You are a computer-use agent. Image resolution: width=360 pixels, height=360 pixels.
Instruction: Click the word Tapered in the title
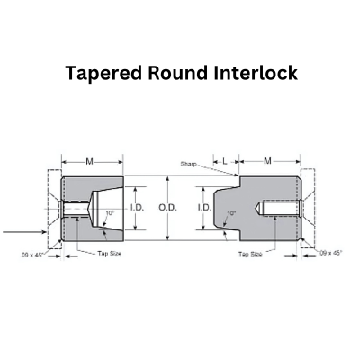[103, 73]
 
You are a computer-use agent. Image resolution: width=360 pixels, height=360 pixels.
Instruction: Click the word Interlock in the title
[256, 73]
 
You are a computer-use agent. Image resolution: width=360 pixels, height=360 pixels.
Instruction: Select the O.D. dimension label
[167, 208]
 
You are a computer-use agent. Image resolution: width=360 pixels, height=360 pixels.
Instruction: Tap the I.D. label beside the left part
[138, 208]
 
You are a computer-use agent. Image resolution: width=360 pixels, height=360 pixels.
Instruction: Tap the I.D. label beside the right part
[205, 208]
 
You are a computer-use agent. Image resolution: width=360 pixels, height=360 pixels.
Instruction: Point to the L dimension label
[225, 162]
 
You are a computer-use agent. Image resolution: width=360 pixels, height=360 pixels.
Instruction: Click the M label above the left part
[89, 162]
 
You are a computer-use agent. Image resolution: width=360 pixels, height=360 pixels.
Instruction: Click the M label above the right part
[267, 161]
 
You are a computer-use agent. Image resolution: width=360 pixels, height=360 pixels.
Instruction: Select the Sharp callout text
[189, 164]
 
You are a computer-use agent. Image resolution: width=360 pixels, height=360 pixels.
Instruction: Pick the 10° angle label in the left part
[110, 213]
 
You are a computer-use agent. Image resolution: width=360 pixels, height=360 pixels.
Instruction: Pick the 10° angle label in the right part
[231, 213]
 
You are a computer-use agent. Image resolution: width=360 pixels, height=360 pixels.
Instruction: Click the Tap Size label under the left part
[110, 254]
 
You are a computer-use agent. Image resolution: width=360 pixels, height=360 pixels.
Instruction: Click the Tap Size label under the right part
[250, 255]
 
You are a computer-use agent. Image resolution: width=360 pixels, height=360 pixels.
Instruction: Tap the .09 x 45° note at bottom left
[32, 256]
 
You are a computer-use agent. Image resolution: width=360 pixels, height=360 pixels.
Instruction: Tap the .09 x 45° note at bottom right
[330, 253]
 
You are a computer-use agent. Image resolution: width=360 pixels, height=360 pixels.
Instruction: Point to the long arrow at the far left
[24, 232]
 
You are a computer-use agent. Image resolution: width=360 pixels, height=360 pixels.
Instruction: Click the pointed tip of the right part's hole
[256, 208]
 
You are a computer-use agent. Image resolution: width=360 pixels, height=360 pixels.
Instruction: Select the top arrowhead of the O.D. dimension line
[168, 179]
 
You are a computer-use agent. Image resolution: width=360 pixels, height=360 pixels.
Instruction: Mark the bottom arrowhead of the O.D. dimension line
[168, 238]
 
